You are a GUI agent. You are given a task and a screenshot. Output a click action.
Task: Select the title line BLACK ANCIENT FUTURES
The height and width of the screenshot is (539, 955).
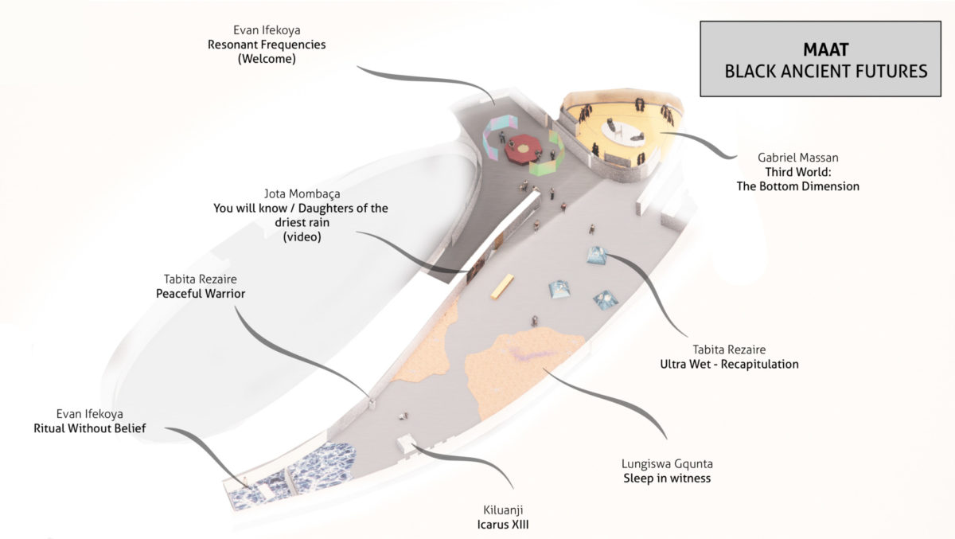(x=826, y=72)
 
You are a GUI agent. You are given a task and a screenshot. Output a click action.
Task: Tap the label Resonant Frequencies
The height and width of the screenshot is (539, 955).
(x=267, y=45)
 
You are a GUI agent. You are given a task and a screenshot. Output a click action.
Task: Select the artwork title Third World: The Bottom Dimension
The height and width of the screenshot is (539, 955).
(x=809, y=179)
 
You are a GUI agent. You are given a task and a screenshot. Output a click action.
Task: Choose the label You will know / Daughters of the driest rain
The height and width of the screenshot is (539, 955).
(x=301, y=215)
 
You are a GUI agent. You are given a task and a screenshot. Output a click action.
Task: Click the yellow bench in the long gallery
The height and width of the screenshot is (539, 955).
(x=502, y=286)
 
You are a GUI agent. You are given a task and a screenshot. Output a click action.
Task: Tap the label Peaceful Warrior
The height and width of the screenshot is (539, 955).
(x=201, y=293)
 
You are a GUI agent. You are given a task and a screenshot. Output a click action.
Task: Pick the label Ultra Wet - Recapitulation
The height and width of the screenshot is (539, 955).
(x=729, y=364)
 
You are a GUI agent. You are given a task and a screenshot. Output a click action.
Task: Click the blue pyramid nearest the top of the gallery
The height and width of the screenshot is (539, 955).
(x=598, y=256)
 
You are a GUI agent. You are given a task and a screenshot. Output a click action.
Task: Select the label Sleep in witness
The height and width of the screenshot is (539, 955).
(x=666, y=478)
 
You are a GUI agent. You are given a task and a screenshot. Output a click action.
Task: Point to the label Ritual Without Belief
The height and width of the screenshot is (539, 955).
(x=90, y=428)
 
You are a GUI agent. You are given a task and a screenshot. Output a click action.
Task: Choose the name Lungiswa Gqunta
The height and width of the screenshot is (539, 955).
(x=665, y=464)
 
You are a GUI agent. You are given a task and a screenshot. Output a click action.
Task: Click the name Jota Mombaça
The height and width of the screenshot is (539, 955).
(x=300, y=193)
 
